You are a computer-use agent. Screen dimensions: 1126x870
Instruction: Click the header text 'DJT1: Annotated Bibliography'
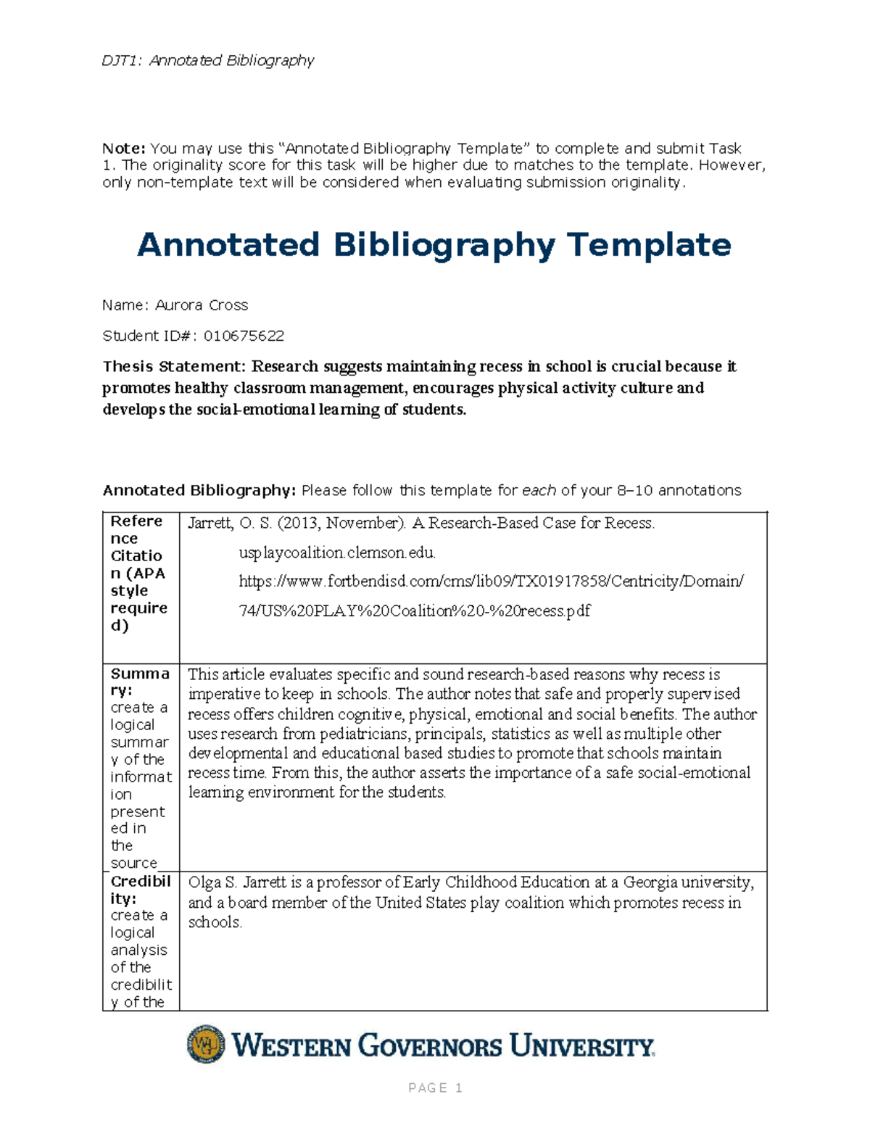(208, 61)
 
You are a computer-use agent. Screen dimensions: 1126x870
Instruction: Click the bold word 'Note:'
(124, 149)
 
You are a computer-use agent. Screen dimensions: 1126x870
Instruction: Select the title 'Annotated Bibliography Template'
(434, 245)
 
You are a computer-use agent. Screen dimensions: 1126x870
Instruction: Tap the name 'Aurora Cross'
(202, 305)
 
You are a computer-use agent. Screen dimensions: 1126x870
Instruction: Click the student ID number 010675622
(244, 336)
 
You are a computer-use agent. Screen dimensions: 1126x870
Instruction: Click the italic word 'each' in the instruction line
(539, 491)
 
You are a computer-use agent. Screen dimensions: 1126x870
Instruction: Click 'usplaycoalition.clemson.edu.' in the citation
(337, 553)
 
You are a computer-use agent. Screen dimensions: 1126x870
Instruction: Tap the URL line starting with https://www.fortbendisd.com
(491, 581)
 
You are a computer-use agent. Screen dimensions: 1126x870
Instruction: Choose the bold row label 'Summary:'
(138, 682)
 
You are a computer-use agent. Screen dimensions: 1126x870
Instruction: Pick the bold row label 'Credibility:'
(140, 890)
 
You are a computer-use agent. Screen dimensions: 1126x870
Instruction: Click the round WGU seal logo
(206, 1045)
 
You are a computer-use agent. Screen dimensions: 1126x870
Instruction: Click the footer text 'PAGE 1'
(435, 1088)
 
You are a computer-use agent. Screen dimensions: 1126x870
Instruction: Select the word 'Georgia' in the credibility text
(651, 883)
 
